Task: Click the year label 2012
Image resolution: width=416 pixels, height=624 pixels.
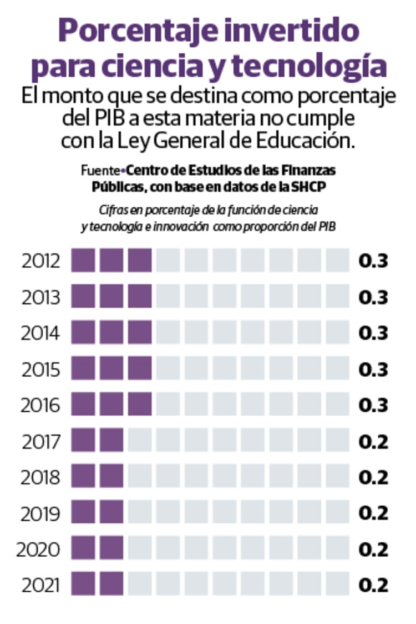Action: coord(40,261)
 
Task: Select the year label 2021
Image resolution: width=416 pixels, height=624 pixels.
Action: coord(40,585)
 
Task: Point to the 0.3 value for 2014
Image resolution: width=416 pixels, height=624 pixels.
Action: coord(373,333)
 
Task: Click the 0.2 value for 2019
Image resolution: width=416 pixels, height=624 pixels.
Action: coord(373,513)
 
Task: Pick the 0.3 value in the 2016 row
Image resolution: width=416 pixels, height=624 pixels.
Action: coord(373,406)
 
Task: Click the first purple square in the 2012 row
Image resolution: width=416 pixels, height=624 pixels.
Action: coord(83,261)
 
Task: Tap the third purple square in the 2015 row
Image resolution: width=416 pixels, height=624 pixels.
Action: coord(140,369)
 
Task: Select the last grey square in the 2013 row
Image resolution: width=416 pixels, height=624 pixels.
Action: coord(338,297)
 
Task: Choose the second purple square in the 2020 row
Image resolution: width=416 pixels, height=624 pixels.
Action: coord(111,549)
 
